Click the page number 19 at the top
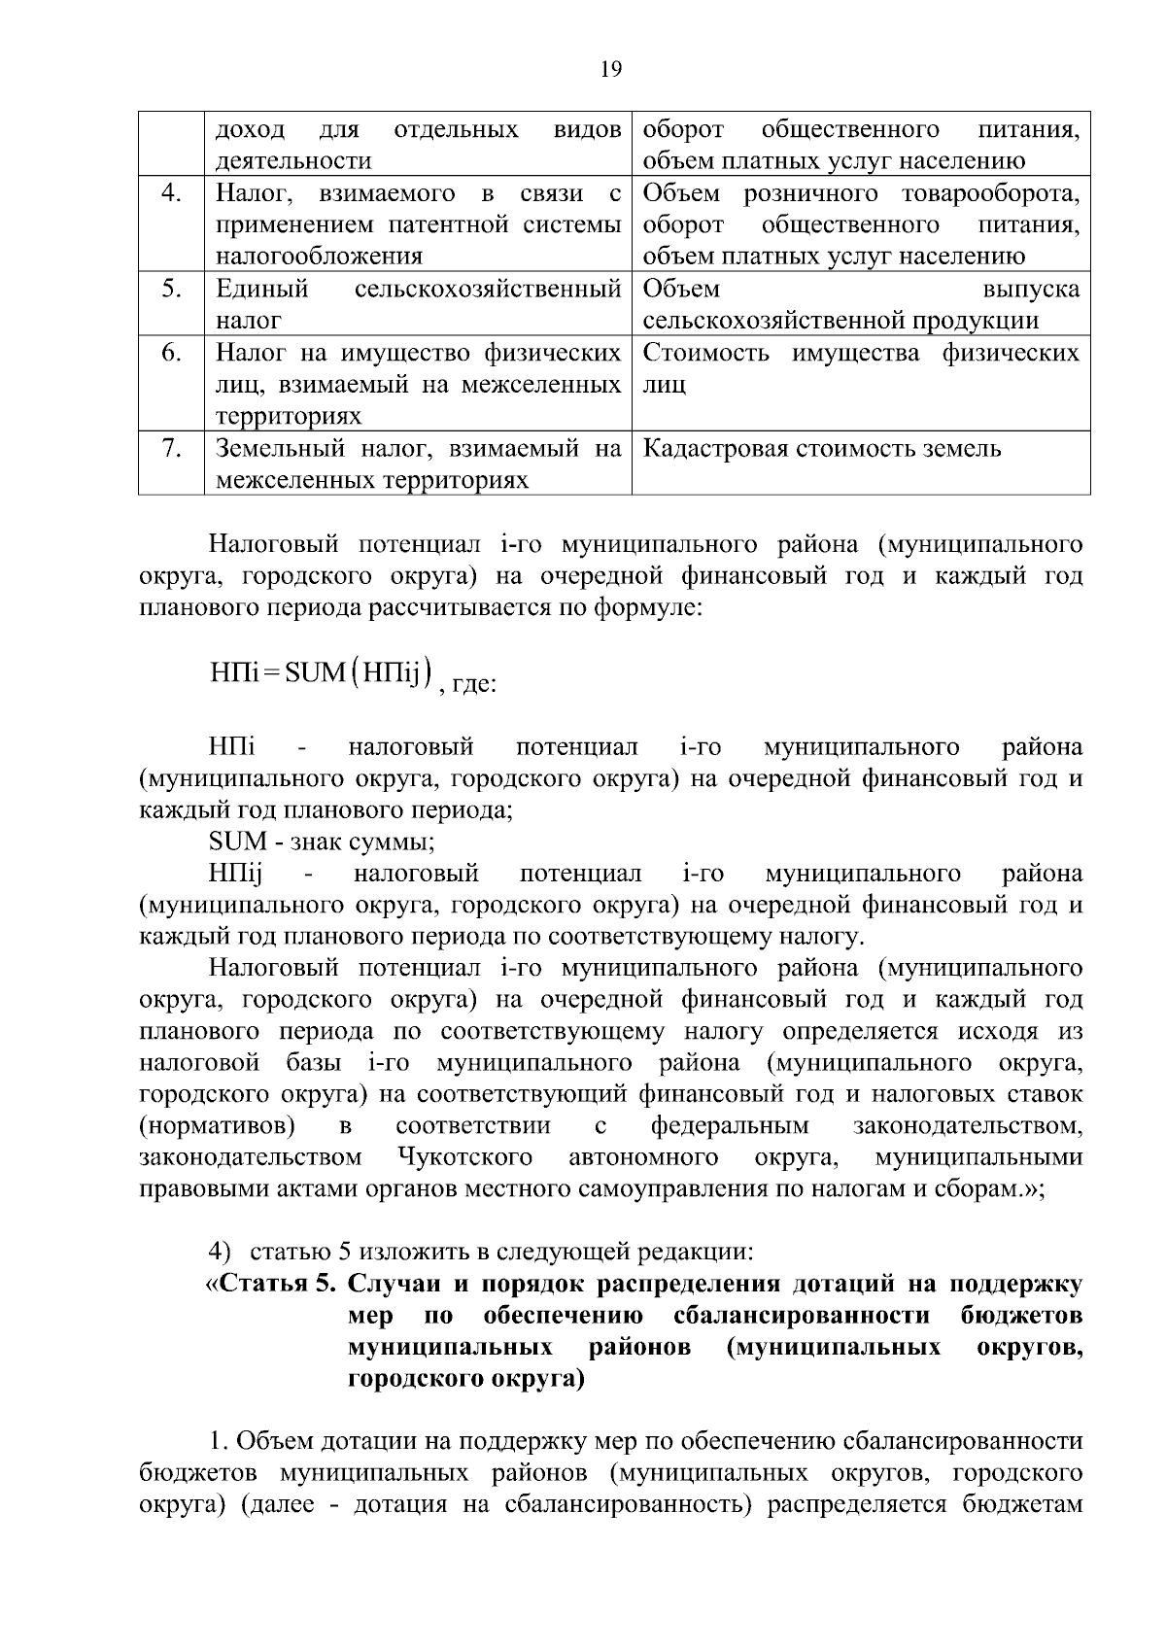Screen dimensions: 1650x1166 [x=611, y=69]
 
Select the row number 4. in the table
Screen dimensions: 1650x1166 [x=171, y=193]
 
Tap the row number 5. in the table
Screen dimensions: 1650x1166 [x=171, y=289]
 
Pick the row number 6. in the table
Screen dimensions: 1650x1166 [x=171, y=353]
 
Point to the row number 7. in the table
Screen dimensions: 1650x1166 [x=171, y=448]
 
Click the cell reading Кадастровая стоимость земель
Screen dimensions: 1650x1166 [x=822, y=449]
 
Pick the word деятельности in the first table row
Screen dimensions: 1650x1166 [x=292, y=161]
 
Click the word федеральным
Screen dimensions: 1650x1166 [x=730, y=1126]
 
